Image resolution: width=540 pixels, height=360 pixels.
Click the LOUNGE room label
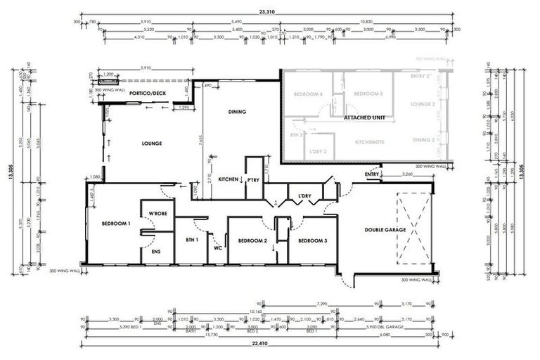[x=151, y=143]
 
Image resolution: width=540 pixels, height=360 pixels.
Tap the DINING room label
[x=237, y=111]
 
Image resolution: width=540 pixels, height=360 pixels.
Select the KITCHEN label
[x=229, y=179]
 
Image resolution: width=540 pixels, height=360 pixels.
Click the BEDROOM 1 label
[x=116, y=223]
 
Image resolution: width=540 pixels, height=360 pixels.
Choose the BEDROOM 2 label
[x=252, y=240]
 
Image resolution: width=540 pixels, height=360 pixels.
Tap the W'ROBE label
[x=156, y=213]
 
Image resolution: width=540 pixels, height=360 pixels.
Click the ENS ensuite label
[x=156, y=250]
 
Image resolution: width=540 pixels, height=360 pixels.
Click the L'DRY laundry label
[x=304, y=195]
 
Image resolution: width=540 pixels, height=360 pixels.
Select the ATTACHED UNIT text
[x=363, y=120]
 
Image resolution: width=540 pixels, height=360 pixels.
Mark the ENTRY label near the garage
[x=372, y=173]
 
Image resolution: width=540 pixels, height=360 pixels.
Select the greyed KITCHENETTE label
[x=369, y=141]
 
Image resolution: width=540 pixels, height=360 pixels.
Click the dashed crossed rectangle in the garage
[x=412, y=226]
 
